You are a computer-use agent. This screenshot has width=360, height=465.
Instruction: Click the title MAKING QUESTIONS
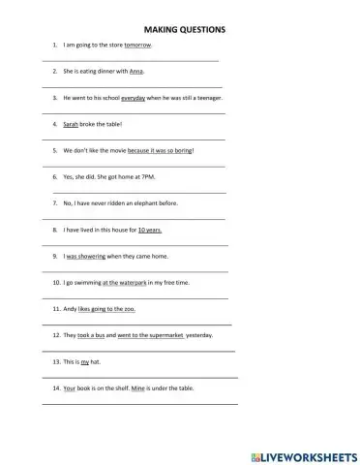184,30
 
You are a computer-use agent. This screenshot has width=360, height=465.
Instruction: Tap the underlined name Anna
135,72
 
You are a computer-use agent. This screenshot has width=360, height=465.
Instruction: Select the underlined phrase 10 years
149,230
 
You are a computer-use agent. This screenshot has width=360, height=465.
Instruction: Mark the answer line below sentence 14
140,403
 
